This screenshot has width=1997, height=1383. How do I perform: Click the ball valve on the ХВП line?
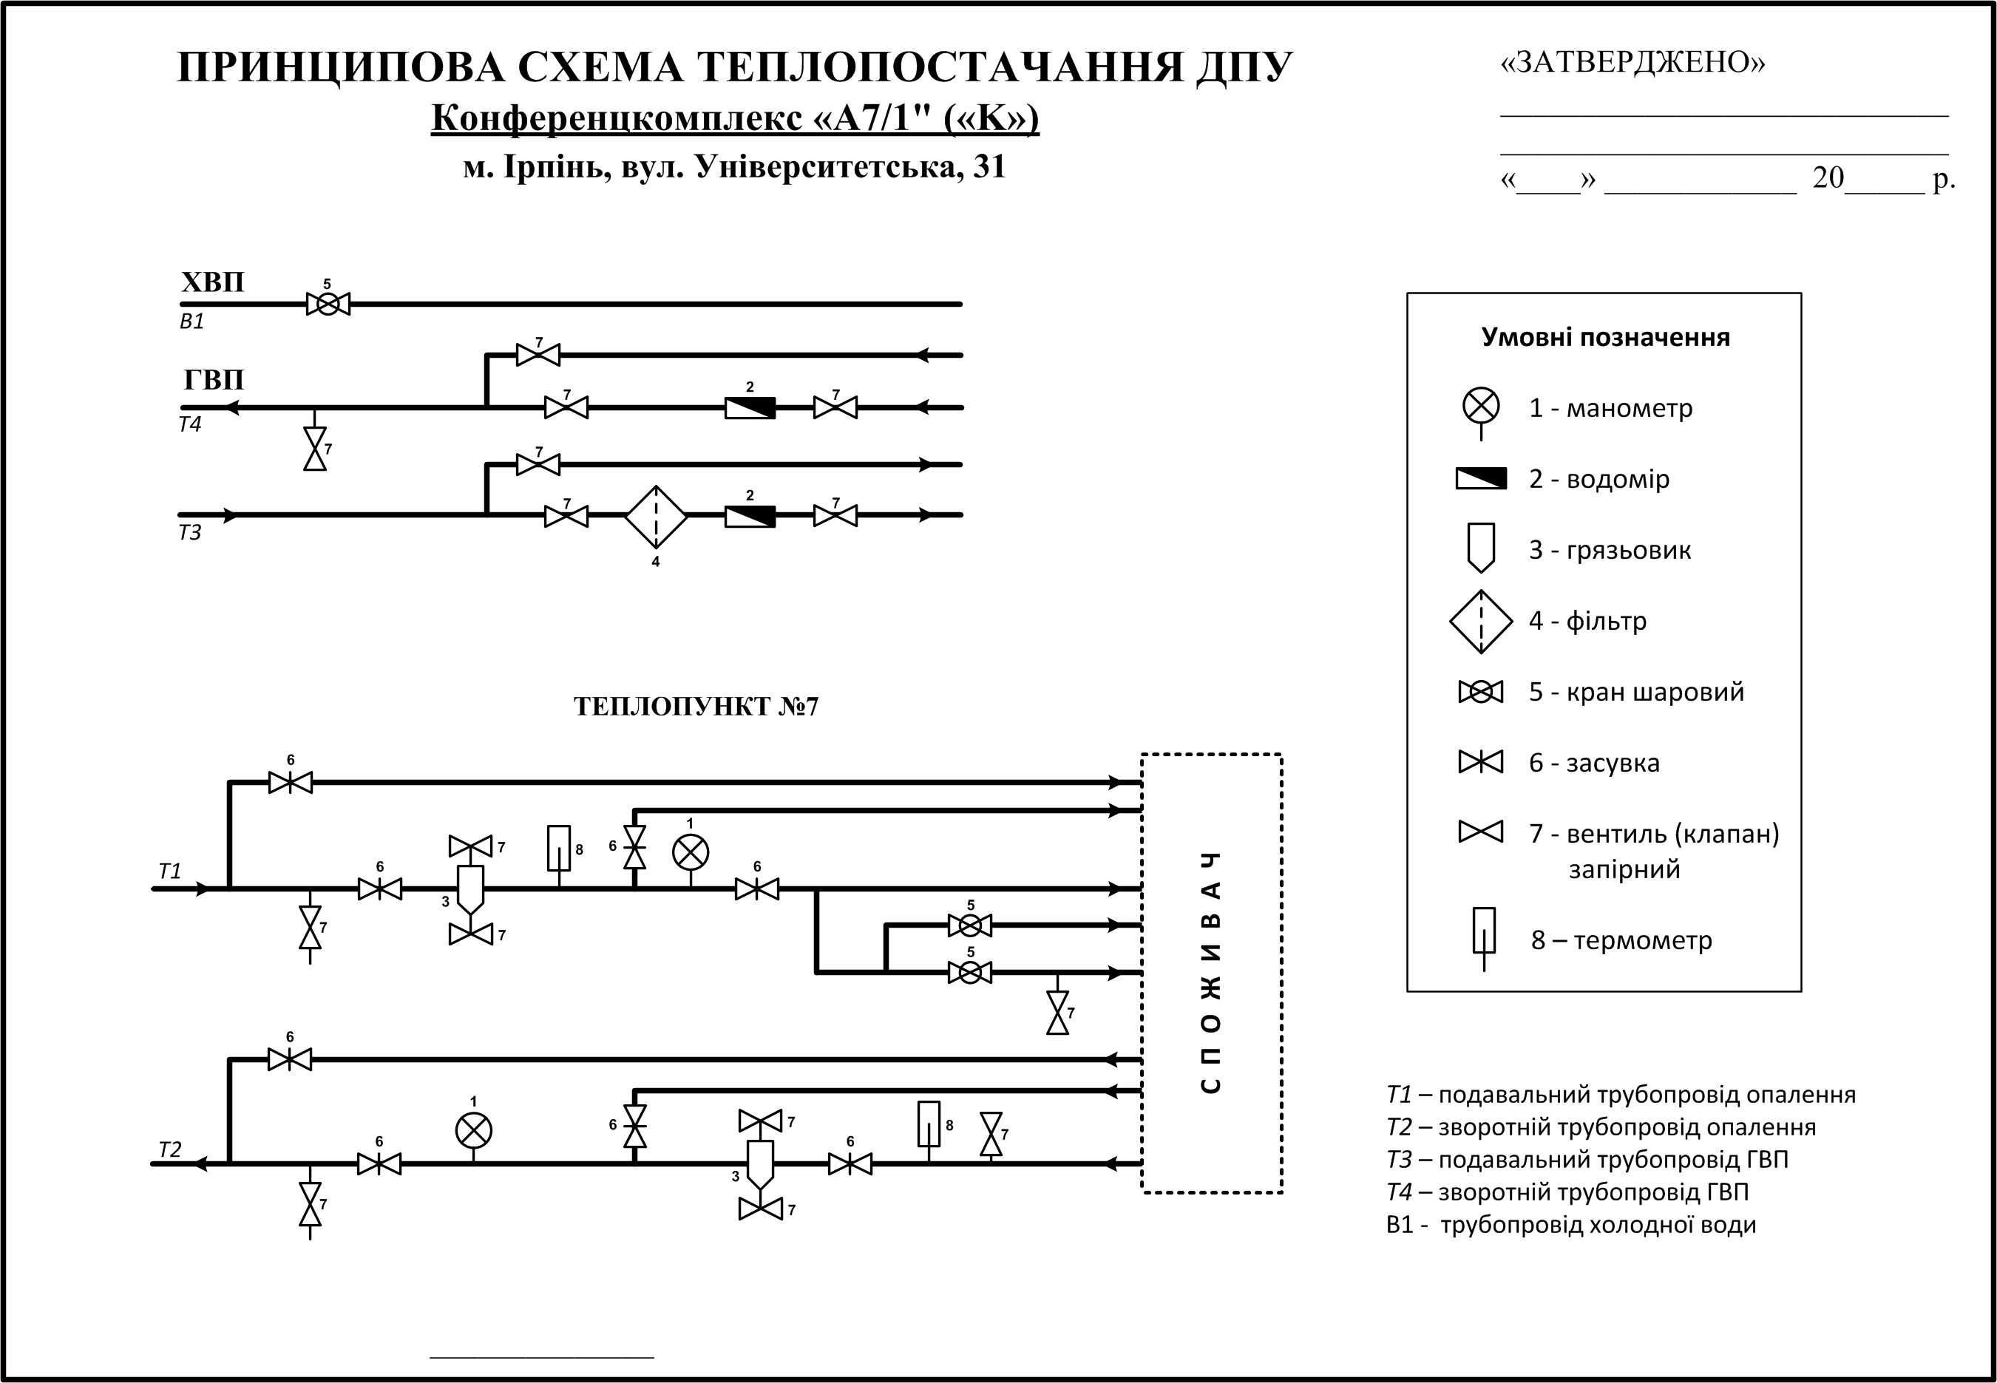point(328,304)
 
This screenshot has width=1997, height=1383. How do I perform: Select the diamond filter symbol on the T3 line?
point(656,517)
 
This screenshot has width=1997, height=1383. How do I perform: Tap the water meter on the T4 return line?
point(750,407)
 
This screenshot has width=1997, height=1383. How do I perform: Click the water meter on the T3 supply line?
point(750,517)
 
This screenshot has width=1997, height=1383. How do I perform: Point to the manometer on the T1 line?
point(690,853)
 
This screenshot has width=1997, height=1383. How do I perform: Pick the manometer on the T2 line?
point(473,1130)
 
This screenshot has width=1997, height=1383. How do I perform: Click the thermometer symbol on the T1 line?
point(558,849)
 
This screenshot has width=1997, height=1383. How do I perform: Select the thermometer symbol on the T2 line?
point(929,1124)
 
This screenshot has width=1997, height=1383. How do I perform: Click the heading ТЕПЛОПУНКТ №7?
point(696,707)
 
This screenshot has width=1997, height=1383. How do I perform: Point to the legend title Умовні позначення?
point(1605,337)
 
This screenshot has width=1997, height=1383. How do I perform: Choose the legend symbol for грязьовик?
point(1481,548)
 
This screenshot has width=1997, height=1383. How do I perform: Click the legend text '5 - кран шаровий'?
point(1635,692)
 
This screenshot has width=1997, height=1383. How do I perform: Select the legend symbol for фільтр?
point(1481,620)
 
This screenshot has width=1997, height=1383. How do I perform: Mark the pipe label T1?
point(170,871)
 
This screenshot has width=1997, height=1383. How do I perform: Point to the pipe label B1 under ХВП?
point(191,322)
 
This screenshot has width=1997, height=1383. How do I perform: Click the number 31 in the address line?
point(989,166)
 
